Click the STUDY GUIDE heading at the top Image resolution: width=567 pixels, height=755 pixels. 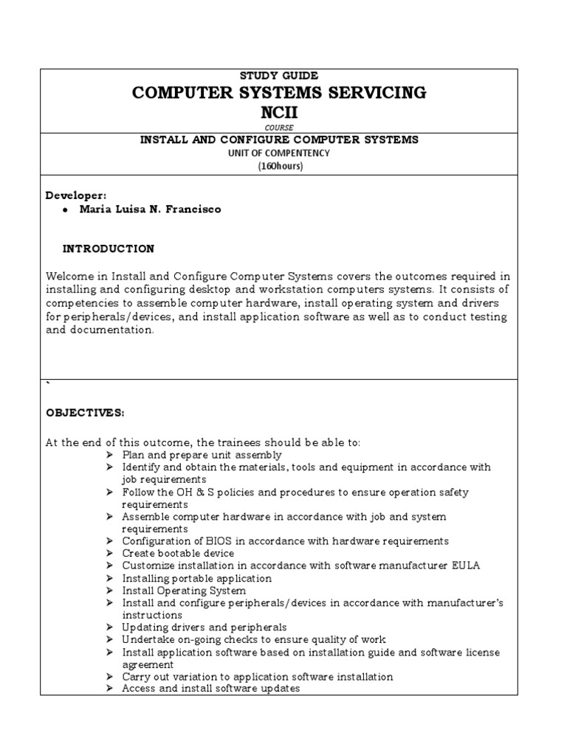click(x=278, y=76)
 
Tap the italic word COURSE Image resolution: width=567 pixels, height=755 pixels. click(x=279, y=127)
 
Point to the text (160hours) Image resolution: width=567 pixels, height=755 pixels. click(x=280, y=166)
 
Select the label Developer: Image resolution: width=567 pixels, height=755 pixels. click(x=76, y=195)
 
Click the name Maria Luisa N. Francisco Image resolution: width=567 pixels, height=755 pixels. click(x=151, y=209)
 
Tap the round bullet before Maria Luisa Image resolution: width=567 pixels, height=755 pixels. click(x=66, y=209)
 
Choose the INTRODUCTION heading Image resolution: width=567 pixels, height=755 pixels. click(x=108, y=248)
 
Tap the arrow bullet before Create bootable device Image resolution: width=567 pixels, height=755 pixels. click(x=109, y=554)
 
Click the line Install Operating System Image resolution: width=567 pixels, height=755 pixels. click(x=184, y=591)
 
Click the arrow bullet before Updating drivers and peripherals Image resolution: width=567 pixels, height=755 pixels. click(x=109, y=627)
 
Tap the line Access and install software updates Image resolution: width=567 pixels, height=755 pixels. click(x=210, y=689)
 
